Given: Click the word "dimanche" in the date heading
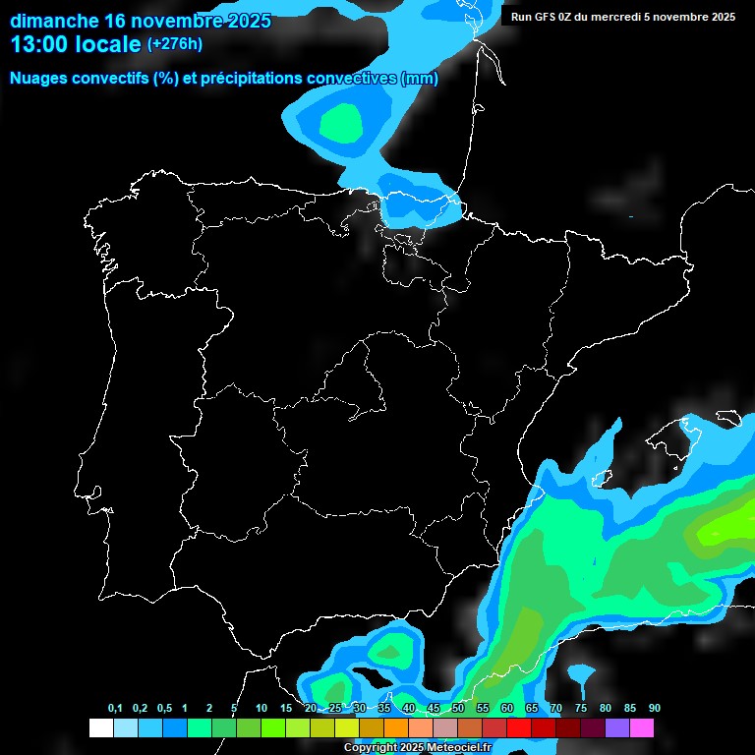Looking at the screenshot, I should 54,21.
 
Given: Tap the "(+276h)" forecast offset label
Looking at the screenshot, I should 175,44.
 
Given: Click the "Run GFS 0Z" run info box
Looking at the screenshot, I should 623,17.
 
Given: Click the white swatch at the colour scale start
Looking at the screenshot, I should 100,728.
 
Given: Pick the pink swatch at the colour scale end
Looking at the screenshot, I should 642,728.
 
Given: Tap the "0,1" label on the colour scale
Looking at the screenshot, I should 115,709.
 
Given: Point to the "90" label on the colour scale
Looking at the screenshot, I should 655,709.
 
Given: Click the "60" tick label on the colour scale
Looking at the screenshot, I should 507,709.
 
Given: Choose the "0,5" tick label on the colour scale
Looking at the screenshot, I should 163,709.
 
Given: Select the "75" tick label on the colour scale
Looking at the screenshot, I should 581,709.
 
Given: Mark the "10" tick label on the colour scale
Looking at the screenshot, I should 261,709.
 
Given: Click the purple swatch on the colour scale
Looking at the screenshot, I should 617,728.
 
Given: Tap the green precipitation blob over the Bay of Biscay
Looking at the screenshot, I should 341,123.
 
